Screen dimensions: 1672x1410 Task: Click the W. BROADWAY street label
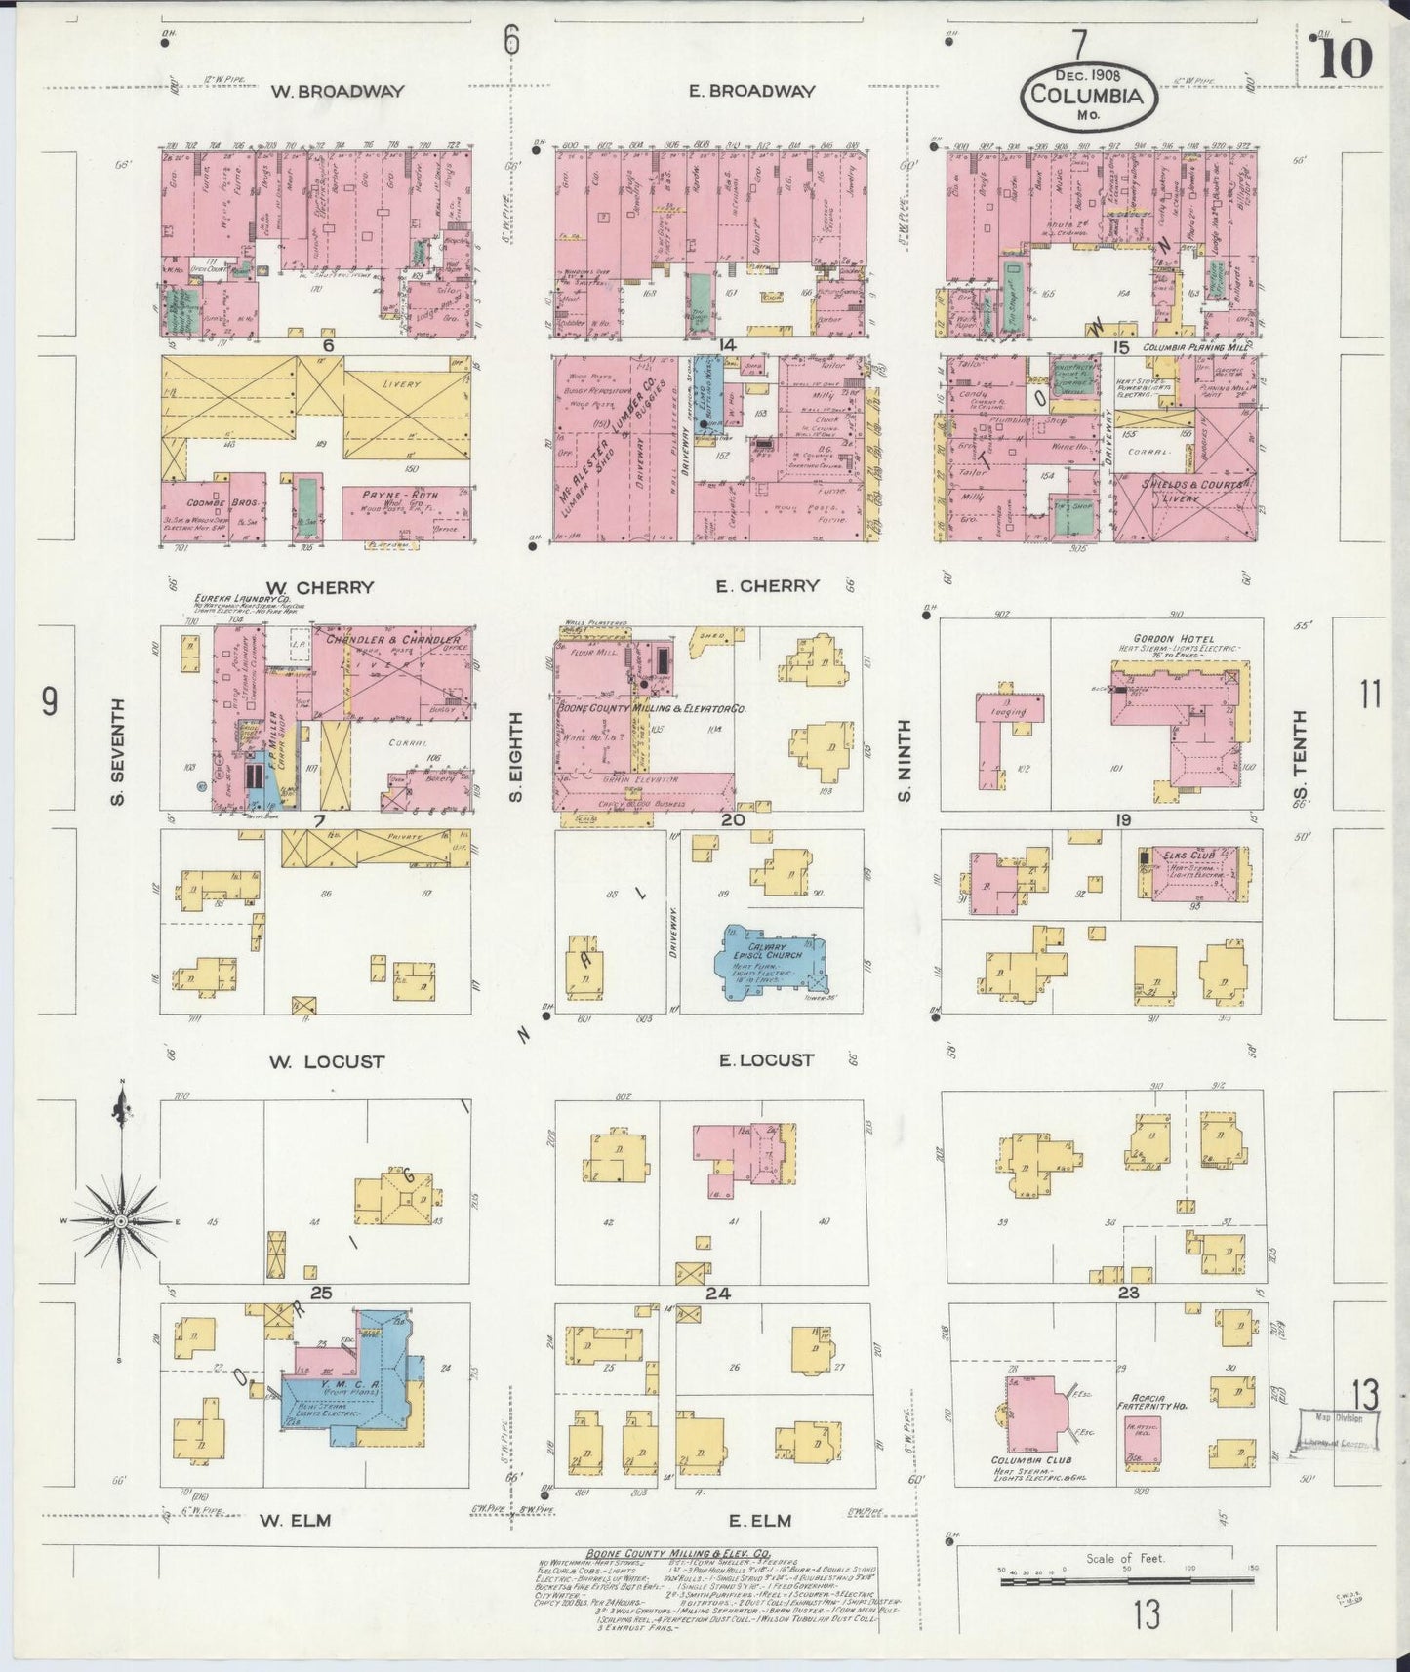pos(337,92)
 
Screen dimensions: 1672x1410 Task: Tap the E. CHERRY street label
pos(766,586)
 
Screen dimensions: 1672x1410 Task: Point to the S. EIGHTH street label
pos(515,757)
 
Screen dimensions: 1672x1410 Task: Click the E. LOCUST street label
pos(766,1060)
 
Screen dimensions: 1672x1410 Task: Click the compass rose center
pos(120,1220)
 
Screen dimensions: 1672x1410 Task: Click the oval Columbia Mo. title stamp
pos(1087,95)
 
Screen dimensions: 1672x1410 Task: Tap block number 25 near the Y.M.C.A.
pos(322,1294)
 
